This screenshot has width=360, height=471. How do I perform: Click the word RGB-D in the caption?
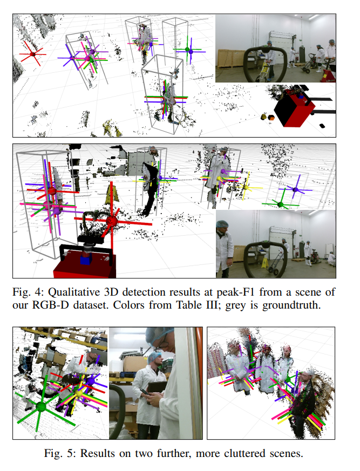(51, 305)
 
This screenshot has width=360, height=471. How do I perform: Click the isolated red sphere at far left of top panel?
(32, 54)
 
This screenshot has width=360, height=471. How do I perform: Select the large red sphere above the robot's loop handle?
(112, 221)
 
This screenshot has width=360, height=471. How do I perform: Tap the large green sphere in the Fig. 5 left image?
(41, 407)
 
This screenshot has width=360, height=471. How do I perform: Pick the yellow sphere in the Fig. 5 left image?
(79, 393)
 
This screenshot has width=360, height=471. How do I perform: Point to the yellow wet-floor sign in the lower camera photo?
(265, 263)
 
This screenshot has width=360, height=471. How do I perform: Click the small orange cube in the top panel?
(271, 118)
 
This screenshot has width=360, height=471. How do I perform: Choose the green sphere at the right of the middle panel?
(281, 205)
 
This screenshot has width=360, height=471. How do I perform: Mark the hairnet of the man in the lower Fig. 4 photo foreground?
(222, 224)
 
